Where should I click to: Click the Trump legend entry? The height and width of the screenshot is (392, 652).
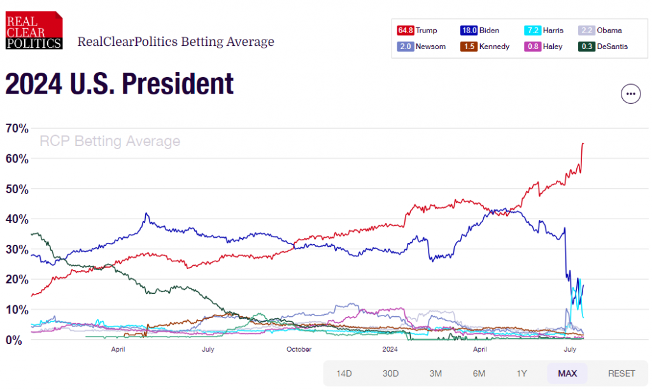(x=417, y=30)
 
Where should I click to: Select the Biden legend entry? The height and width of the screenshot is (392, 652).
(x=479, y=30)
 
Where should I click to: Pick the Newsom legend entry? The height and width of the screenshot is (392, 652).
(x=421, y=46)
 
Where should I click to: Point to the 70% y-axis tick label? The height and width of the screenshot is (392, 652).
(x=17, y=128)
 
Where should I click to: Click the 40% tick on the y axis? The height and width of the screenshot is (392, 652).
(x=17, y=219)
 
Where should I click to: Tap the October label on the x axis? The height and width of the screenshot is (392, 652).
(x=299, y=349)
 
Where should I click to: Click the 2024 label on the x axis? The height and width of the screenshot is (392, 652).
(x=390, y=349)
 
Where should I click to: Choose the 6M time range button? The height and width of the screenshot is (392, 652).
(x=479, y=373)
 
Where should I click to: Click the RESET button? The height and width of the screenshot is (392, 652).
(x=621, y=373)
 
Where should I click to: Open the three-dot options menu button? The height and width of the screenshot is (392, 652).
(x=630, y=94)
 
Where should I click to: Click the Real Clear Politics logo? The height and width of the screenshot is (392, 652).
(x=34, y=30)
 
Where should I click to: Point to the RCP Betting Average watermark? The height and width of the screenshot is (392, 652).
(x=110, y=141)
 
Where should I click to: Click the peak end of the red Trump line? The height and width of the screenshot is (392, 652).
(x=583, y=143)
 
